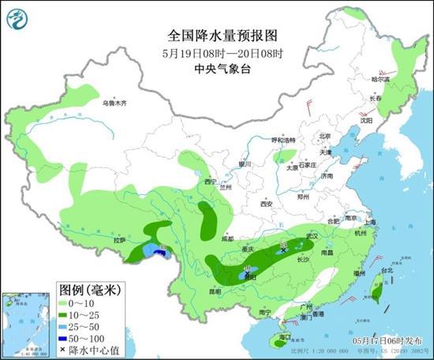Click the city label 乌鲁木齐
click(x=114, y=103)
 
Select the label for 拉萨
click(x=119, y=240)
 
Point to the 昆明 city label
click(x=193, y=291)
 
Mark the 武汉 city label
click(x=311, y=235)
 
